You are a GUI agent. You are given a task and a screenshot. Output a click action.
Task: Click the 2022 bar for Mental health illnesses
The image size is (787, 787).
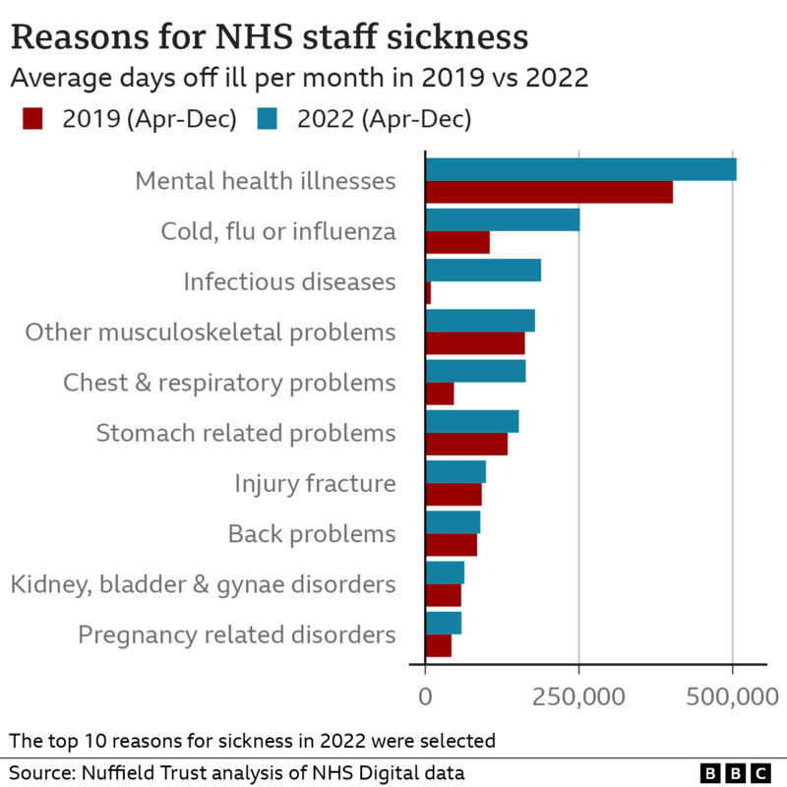pyautogui.click(x=580, y=169)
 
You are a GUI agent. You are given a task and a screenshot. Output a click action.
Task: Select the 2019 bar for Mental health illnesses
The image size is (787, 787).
pyautogui.click(x=549, y=192)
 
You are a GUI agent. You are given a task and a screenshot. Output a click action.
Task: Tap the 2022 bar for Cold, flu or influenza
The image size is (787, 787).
pyautogui.click(x=502, y=219)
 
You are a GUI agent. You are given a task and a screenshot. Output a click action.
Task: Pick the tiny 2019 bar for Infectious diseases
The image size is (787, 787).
pyautogui.click(x=428, y=293)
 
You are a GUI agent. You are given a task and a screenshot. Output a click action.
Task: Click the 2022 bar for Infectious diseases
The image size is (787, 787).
pyautogui.click(x=483, y=271)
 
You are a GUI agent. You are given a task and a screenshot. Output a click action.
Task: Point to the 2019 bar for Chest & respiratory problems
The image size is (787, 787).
pyautogui.click(x=440, y=393)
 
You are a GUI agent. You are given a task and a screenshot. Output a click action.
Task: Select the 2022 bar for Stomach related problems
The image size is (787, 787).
pyautogui.click(x=472, y=422)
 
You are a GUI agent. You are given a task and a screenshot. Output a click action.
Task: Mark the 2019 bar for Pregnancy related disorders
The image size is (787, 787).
pyautogui.click(x=439, y=646)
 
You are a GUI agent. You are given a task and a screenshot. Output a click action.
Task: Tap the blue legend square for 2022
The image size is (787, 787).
pyautogui.click(x=268, y=120)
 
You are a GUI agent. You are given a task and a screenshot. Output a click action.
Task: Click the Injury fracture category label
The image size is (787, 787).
pyautogui.click(x=315, y=484)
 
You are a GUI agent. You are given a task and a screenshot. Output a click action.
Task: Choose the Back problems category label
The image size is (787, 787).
pyautogui.click(x=312, y=534)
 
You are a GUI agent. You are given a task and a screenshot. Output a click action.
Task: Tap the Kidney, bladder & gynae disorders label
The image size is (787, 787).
pyautogui.click(x=203, y=584)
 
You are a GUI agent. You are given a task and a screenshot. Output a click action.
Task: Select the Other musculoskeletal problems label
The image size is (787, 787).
pyautogui.click(x=211, y=333)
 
